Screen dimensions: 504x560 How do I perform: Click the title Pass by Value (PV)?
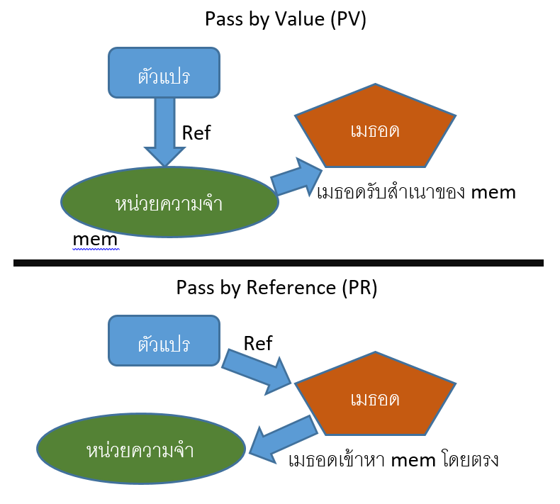point(285,19)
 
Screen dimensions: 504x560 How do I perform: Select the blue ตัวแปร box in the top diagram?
point(164,73)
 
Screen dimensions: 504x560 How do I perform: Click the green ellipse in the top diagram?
point(169,203)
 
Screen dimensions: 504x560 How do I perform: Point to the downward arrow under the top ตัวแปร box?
point(164,131)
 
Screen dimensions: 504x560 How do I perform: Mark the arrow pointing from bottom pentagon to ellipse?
point(284,439)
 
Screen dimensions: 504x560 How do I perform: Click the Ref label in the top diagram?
point(196,133)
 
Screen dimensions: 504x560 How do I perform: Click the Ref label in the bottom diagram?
point(258,344)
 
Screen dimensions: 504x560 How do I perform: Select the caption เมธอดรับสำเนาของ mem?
point(416,192)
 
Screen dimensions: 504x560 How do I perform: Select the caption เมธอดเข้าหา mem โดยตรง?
point(394,460)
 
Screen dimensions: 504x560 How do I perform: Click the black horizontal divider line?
point(278,263)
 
